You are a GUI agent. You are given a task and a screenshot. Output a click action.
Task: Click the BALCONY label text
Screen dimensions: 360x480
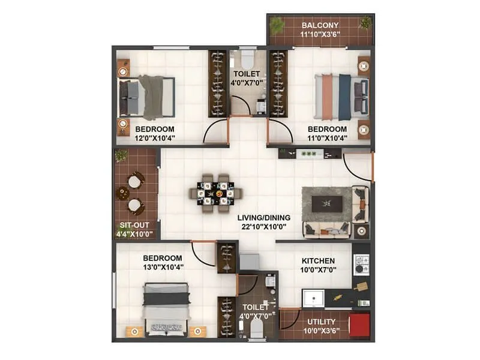(x=320, y=25)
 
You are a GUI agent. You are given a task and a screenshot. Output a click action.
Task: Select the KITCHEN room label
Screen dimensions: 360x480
(x=318, y=261)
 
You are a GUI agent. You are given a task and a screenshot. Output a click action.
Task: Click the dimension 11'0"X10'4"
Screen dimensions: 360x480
(x=327, y=139)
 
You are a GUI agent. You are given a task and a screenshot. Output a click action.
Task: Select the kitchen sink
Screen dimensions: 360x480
(x=313, y=298)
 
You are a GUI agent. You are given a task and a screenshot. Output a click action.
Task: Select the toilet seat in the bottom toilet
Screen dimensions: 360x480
(x=256, y=327)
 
